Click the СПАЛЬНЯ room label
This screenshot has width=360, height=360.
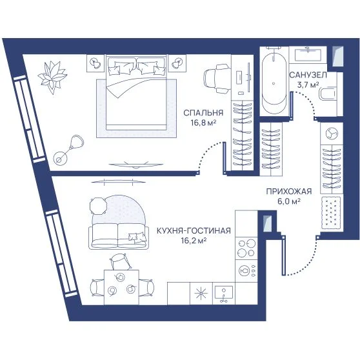point(203,113)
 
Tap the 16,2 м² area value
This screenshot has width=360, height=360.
point(194,241)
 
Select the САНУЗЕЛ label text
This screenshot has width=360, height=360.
point(308,75)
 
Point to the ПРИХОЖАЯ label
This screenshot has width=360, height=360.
point(289,191)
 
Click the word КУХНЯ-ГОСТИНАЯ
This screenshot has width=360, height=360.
point(194,230)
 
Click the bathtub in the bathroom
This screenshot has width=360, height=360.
point(274,83)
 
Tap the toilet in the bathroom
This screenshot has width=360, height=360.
point(328,94)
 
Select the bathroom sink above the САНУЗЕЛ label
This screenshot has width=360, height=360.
point(308,55)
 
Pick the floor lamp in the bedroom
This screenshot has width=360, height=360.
point(68,150)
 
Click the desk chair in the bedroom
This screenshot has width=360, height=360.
point(217,78)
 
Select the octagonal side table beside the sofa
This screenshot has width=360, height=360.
point(99,206)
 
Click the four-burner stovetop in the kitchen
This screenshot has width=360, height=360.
point(246,248)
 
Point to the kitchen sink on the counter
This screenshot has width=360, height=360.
point(224,293)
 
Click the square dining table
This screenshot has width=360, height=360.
point(121,287)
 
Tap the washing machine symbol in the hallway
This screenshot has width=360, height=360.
point(332,134)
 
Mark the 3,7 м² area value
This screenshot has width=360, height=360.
point(308,85)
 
